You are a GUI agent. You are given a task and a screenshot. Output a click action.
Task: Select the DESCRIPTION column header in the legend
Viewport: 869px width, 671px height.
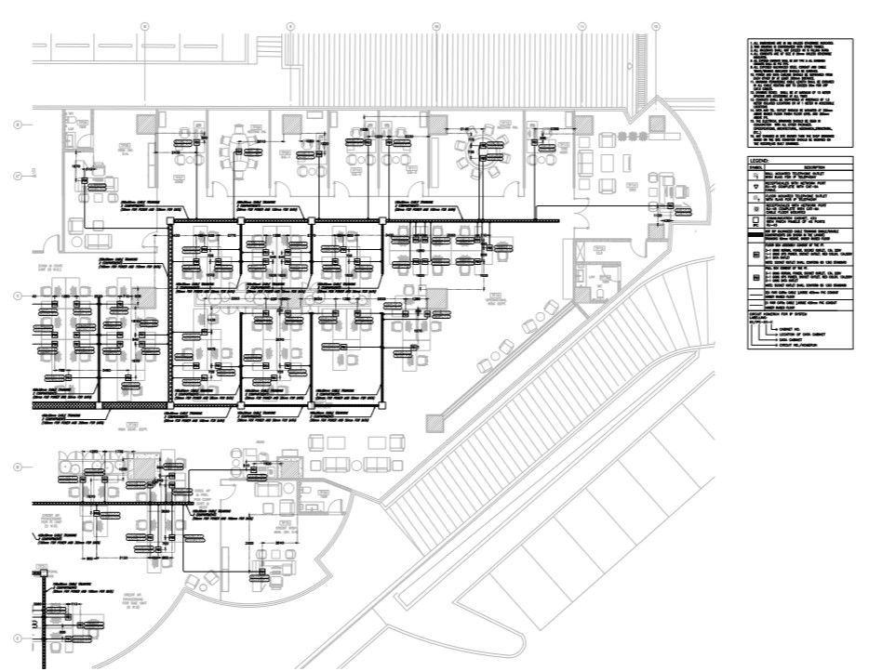pos(807,167)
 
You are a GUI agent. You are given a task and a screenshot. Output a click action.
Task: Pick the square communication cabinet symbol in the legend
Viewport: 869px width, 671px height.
pos(755,222)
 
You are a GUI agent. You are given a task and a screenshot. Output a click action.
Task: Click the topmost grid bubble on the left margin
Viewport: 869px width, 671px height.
pos(18,124)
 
